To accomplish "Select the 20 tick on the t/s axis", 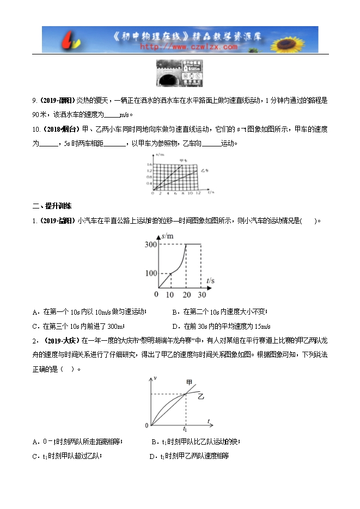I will pos(186,295).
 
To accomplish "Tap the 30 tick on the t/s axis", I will pos(202,295).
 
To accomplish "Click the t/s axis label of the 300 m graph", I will pos(210,280).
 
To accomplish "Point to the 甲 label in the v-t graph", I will pos(189,382).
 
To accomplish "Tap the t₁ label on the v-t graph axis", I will pos(185,429).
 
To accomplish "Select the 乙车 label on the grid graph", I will pos(203,170).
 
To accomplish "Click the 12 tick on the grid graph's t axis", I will pos(198,193).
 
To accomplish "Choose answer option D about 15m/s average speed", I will pos(221,326).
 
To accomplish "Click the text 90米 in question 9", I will pos(40,114).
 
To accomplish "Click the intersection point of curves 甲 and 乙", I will pos(185,394).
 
